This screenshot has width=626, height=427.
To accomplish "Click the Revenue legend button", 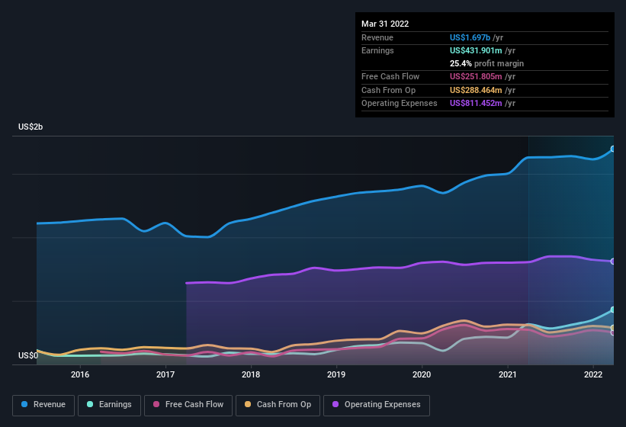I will click(x=43, y=404).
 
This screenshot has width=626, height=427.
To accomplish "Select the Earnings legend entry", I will click(x=110, y=404).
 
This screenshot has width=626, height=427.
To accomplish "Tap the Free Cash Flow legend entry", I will click(x=189, y=404).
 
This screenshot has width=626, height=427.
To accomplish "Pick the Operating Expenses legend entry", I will click(x=377, y=404).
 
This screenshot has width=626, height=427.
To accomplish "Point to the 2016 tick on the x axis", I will click(x=80, y=374).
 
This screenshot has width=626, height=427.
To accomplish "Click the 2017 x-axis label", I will click(x=165, y=374).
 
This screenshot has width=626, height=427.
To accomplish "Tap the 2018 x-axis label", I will click(x=251, y=374).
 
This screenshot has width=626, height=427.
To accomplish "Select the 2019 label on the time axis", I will click(x=336, y=374).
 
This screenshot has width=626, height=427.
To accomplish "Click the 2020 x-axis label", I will click(x=422, y=374).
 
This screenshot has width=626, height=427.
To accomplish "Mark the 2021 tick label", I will click(x=507, y=374).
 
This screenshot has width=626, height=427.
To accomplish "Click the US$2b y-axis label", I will click(x=30, y=127).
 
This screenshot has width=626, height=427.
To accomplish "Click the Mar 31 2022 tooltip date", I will click(x=385, y=24).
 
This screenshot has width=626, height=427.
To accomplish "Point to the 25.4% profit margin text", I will click(x=486, y=63).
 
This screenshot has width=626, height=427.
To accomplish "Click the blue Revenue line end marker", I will click(x=613, y=149).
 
